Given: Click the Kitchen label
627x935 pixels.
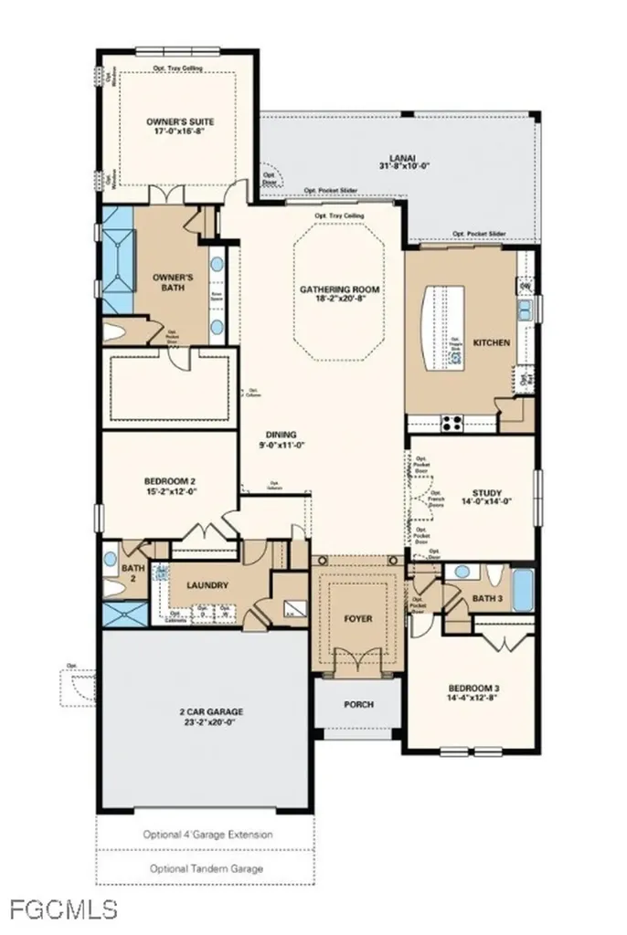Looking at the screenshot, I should click(491, 342).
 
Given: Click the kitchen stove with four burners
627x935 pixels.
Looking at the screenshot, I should click(452, 422).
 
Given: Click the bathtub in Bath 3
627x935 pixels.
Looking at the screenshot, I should click(522, 591).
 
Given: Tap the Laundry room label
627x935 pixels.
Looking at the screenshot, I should click(207, 585).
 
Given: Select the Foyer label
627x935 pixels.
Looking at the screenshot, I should click(358, 618).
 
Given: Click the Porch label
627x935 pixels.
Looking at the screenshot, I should click(358, 704).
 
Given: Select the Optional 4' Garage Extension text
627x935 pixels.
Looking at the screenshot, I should click(207, 835).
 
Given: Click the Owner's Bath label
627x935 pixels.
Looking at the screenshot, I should click(170, 281).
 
